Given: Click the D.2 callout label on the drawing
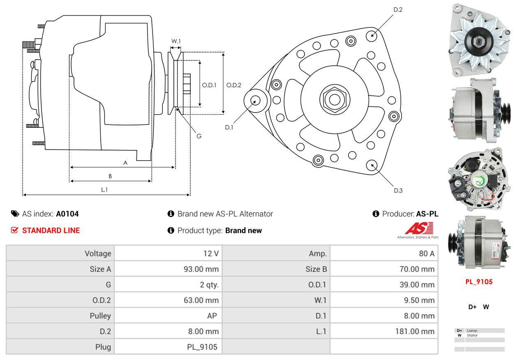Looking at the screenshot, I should pyautogui.click(x=397, y=9).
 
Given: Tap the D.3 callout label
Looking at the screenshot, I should pyautogui.click(x=398, y=190).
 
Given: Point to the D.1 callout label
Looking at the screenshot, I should pyautogui.click(x=229, y=127).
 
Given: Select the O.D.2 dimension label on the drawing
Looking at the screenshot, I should pyautogui.click(x=234, y=85).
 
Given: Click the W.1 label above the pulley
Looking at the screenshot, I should pyautogui.click(x=176, y=41).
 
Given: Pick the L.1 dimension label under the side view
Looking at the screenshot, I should pyautogui.click(x=104, y=189).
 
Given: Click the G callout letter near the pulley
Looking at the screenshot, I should pyautogui.click(x=199, y=136).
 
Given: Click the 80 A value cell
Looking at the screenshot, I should pyautogui.click(x=426, y=254).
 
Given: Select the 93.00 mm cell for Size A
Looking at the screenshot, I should pyautogui.click(x=201, y=269).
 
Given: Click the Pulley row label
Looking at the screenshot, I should pyautogui.click(x=100, y=316).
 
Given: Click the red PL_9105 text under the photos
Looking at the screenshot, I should pyautogui.click(x=479, y=282).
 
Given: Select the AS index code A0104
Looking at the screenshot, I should pyautogui.click(x=67, y=214).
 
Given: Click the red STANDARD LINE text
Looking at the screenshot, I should pyautogui.click(x=51, y=231).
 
